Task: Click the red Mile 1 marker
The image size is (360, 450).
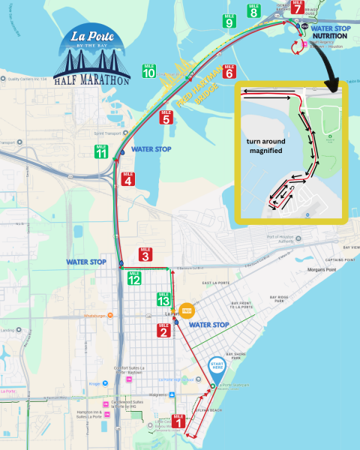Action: tap(178, 421)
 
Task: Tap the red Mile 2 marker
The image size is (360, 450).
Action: tap(163, 330)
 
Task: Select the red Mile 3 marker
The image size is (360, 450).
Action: tap(145, 255)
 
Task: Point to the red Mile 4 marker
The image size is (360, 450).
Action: tap(128, 179)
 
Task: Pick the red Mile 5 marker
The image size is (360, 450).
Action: tap(166, 117)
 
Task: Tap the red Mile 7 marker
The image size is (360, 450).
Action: tap(297, 7)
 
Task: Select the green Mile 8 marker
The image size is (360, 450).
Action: tap(253, 10)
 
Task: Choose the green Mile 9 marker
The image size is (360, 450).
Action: tap(228, 21)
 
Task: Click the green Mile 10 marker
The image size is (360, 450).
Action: tap(148, 71)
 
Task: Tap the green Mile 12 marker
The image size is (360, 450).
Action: tap(134, 278)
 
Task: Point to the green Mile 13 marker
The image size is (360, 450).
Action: tap(164, 298)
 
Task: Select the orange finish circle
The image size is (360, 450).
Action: tap(187, 310)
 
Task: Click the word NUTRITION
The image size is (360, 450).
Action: tap(331, 34)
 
